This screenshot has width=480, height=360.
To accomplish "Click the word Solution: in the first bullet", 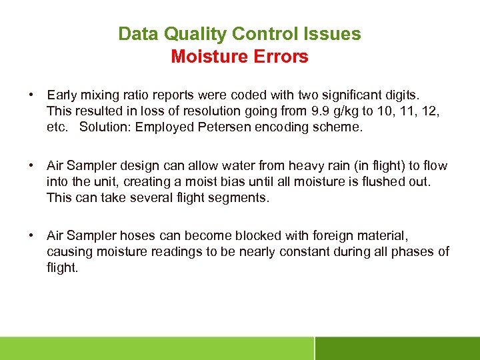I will click(105, 127).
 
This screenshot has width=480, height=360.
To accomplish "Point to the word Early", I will click(61, 95).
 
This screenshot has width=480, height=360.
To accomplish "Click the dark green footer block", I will click(397, 348).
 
